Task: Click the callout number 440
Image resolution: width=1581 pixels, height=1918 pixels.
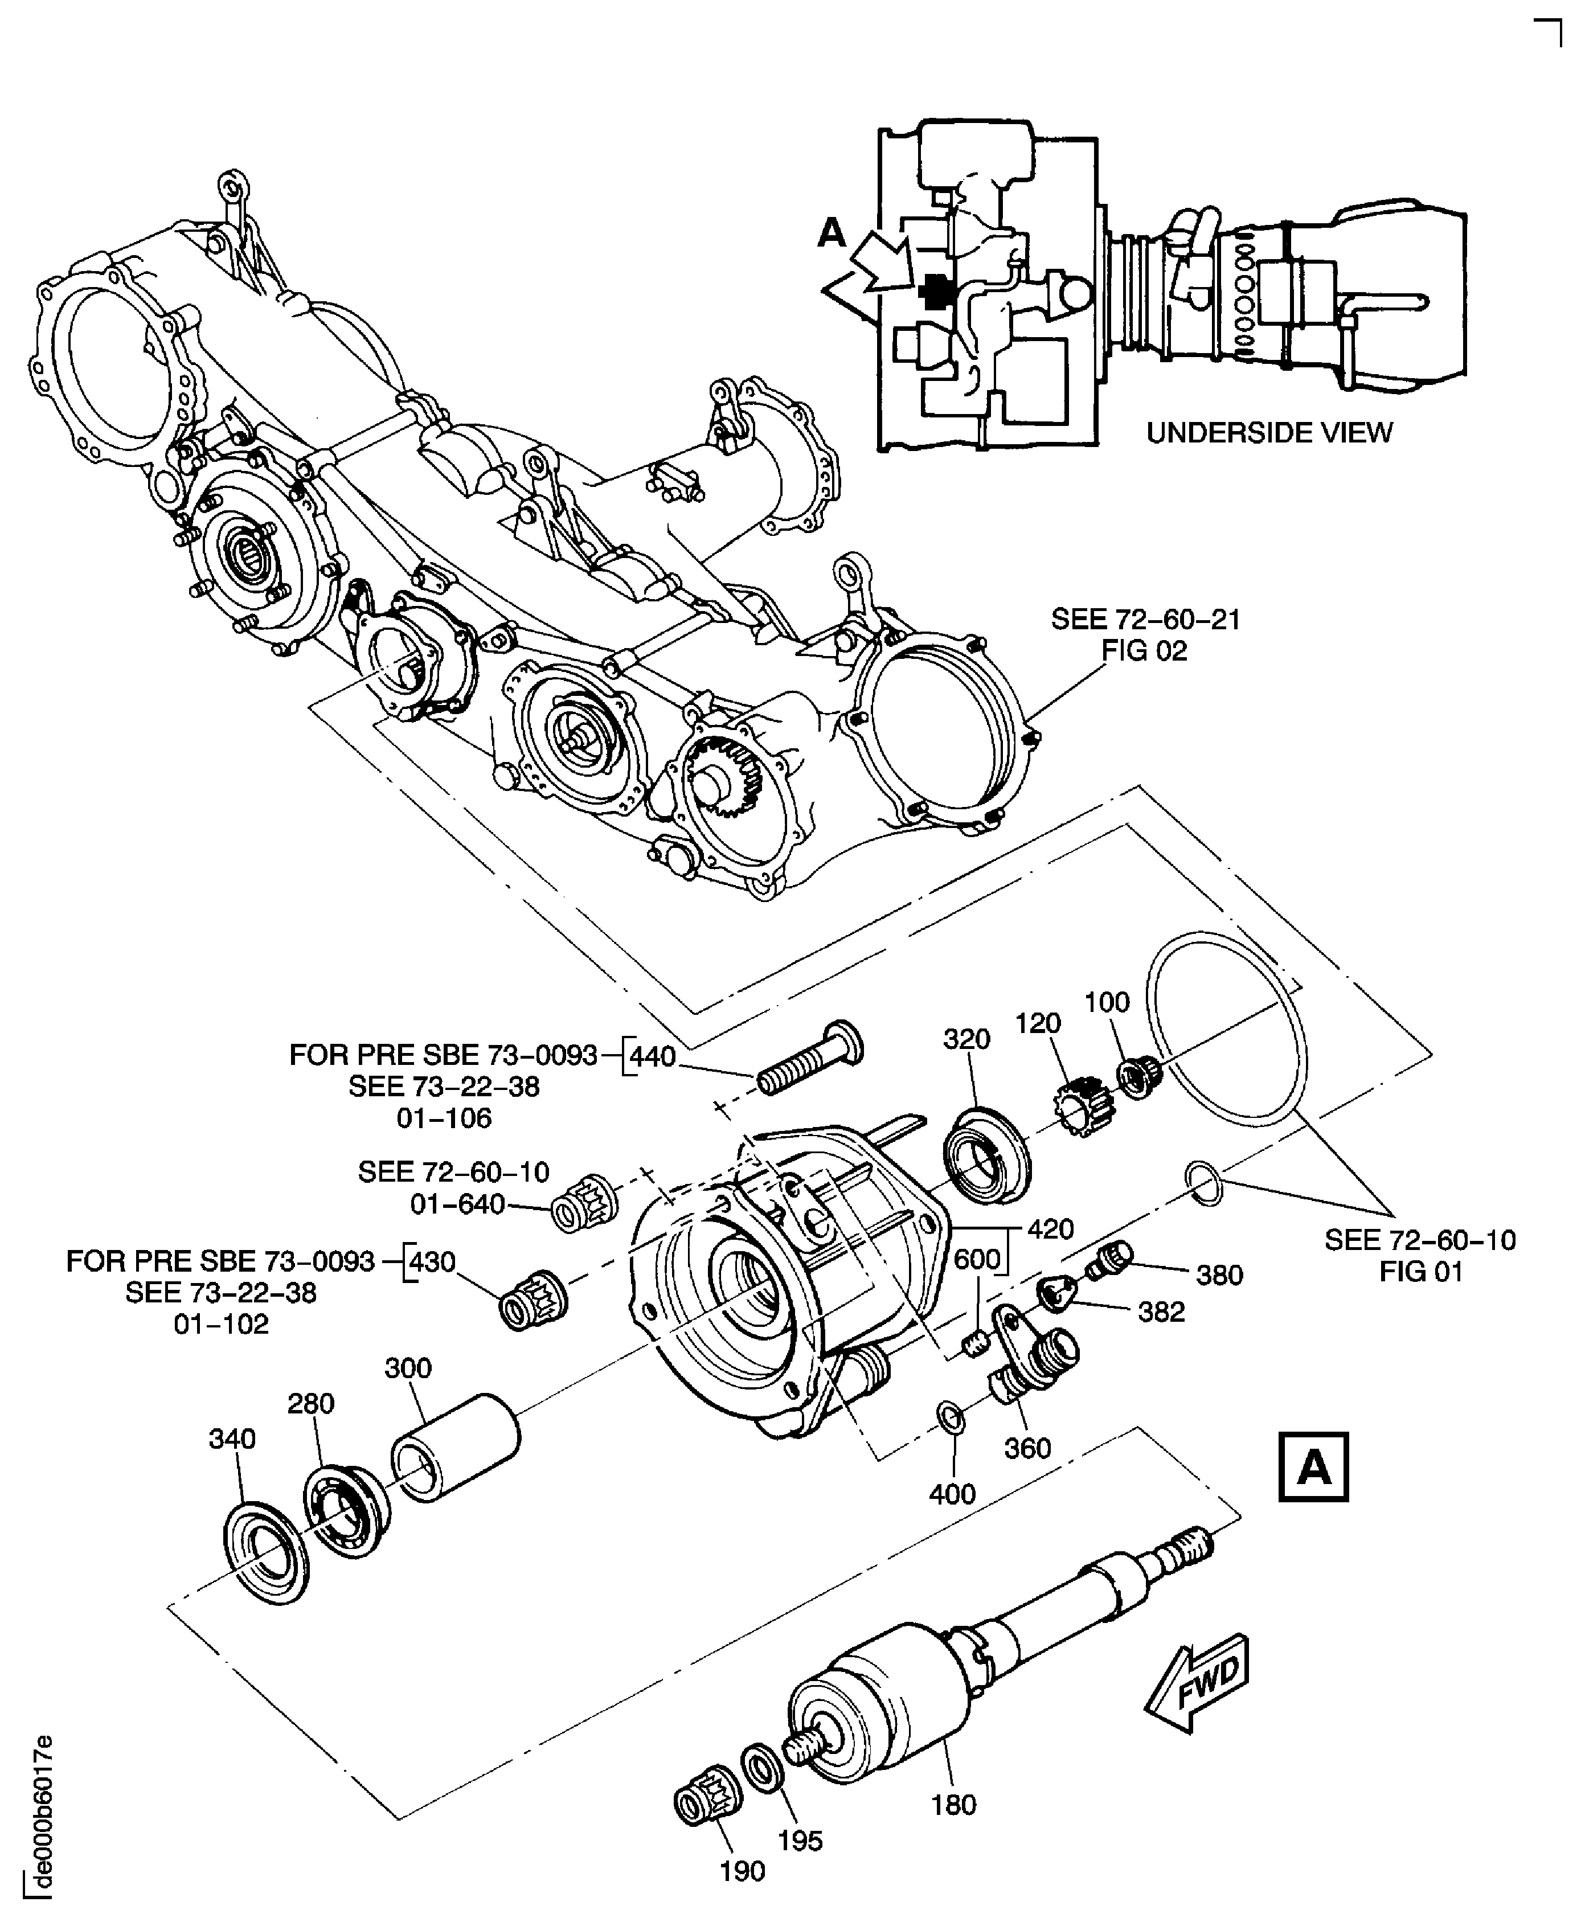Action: coord(653,1056)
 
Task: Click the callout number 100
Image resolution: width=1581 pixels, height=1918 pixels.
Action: coord(1107,1002)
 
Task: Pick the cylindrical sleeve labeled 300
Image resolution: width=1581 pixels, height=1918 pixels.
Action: coord(456,1447)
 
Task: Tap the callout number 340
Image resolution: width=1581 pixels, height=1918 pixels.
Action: coord(232,1439)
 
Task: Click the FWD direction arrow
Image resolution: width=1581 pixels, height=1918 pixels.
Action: coord(1198,1683)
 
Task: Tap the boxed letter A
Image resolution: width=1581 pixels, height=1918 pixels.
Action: coord(1312,1467)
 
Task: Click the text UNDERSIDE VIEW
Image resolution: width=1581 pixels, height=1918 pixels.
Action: coord(1269,433)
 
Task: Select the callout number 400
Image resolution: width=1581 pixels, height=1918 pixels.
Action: coord(953,1494)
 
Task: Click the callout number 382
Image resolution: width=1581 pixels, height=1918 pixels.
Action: coord(1161,1312)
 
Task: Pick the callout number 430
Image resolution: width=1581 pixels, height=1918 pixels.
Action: coord(433,1261)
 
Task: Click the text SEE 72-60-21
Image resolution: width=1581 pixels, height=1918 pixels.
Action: coord(1145,619)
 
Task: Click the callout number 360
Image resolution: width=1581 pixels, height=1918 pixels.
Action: coord(1027,1448)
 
